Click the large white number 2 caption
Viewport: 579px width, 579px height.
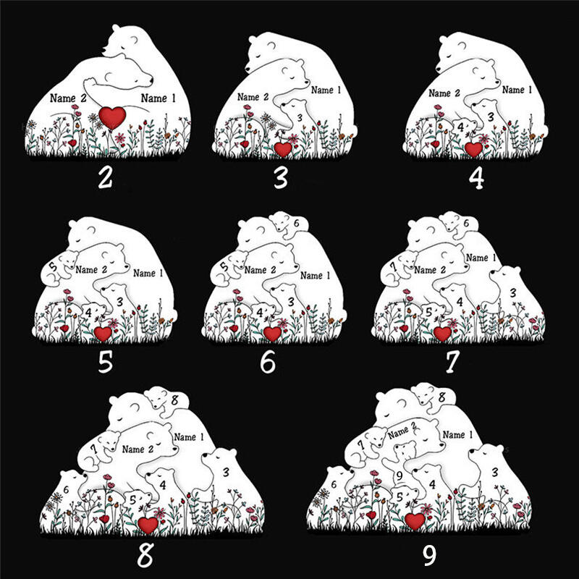(x=105, y=177)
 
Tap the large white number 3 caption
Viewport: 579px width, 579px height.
(x=281, y=177)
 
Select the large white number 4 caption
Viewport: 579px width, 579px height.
(x=476, y=177)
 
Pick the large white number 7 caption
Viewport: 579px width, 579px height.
(x=452, y=361)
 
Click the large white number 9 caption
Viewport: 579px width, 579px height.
(x=429, y=554)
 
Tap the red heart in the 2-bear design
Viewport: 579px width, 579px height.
(x=112, y=117)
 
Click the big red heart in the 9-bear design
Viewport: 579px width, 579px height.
(x=415, y=520)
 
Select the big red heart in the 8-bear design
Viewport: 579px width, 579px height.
(x=148, y=525)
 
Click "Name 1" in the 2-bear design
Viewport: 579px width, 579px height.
(x=158, y=98)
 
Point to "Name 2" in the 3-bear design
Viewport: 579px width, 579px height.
(x=253, y=97)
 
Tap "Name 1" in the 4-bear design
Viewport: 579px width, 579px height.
(x=517, y=90)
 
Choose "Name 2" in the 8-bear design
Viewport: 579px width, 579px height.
(x=138, y=449)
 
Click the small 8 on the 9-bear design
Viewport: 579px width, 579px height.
(x=441, y=397)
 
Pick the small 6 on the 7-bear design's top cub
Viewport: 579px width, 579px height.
(x=466, y=223)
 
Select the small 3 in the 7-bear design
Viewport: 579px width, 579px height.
(x=512, y=293)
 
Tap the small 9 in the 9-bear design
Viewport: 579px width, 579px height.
(x=400, y=476)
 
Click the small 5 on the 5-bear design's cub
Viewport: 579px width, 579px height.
(x=53, y=266)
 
